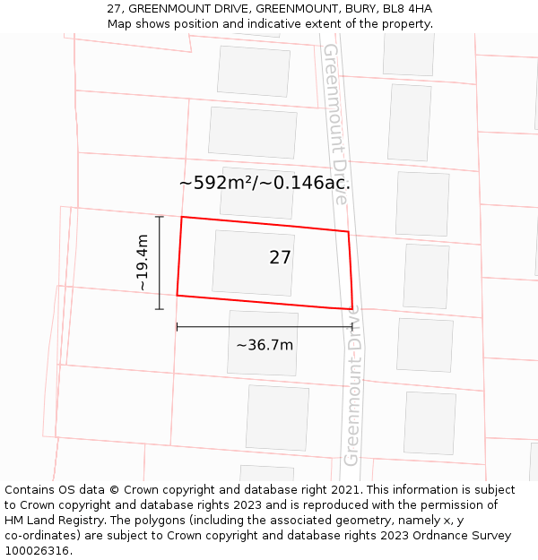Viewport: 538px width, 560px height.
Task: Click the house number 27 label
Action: pos(280,258)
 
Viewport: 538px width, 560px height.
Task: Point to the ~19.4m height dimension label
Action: pos(142,262)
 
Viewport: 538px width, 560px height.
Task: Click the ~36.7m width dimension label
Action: pos(265,345)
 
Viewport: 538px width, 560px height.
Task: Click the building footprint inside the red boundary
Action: pos(253,263)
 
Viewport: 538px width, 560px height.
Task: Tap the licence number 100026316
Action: pos(37,551)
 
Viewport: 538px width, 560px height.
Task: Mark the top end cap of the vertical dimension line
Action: pos(160,217)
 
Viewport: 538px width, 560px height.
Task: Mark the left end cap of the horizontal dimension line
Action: pos(178,327)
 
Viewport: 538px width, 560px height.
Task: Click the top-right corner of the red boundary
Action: pos(348,232)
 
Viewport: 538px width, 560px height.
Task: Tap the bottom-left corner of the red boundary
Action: pos(178,295)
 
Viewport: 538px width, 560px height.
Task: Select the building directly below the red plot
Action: pos(263,343)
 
